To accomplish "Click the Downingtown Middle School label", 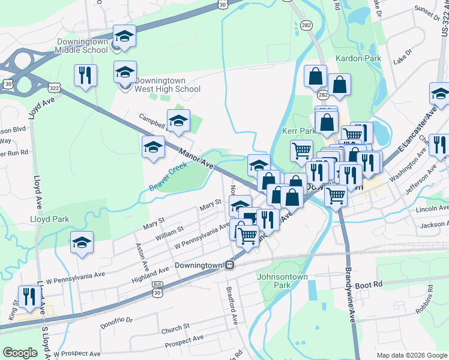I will [x=83, y=47].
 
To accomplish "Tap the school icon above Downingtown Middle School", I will [x=124, y=37].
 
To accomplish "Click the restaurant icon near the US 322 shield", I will [x=85, y=76].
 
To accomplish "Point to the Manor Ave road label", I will [x=196, y=156].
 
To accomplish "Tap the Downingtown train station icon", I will [x=229, y=265].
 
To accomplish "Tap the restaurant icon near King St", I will [x=29, y=296].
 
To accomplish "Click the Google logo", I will [x=20, y=353].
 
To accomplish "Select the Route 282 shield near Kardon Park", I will [x=324, y=95].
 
